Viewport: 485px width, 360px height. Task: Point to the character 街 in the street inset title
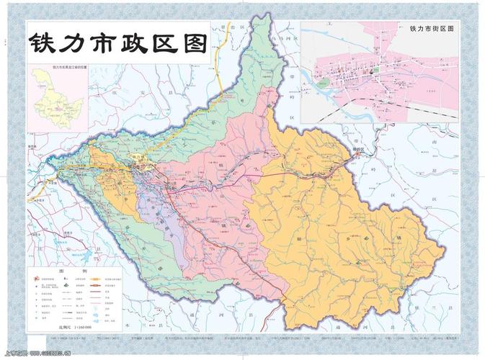tap(434, 28)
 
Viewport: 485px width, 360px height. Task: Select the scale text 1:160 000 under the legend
tap(68, 326)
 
